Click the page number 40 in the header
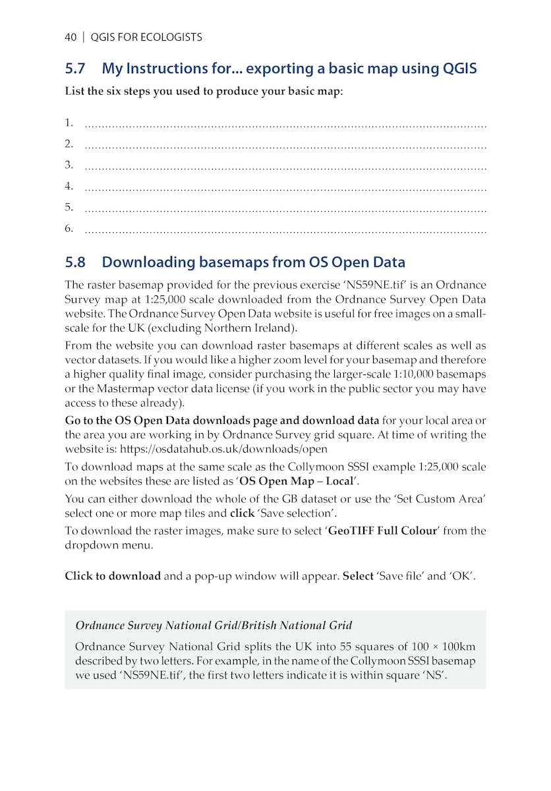point(71,38)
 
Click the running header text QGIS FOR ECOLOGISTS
point(146,38)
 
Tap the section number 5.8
point(75,262)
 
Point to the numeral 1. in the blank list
point(69,123)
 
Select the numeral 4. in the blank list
point(69,187)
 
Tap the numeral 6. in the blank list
point(69,229)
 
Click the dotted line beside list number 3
point(285,167)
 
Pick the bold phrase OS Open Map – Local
point(296,481)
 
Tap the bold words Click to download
point(113,576)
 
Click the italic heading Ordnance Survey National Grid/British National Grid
point(214,626)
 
